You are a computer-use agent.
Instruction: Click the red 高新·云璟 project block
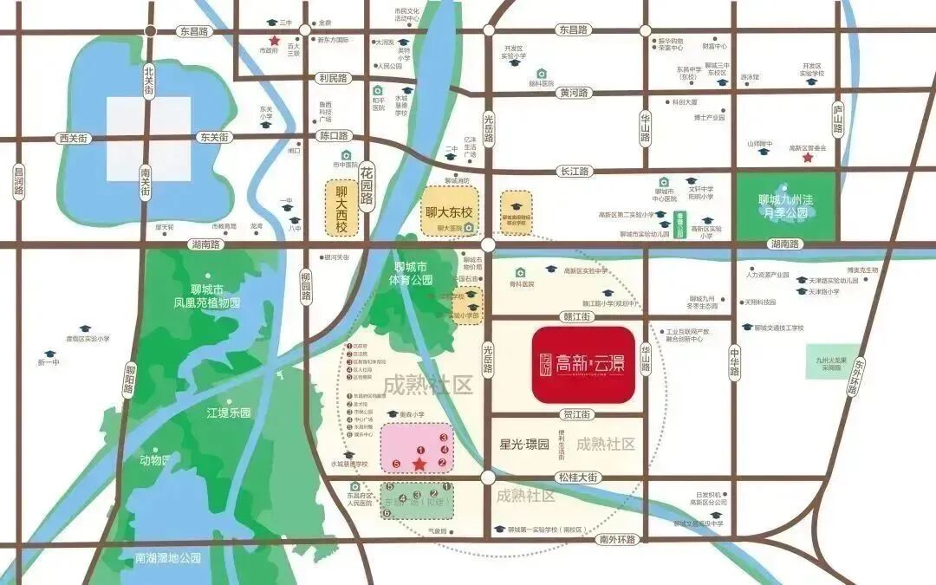583,365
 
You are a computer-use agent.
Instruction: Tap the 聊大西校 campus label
341,208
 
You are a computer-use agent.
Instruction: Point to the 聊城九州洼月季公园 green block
786,206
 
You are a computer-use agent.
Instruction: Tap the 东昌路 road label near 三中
195,31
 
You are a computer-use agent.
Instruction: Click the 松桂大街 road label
577,478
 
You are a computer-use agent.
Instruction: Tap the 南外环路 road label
616,539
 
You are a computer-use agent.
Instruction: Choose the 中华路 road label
734,363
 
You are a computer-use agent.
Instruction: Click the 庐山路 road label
838,119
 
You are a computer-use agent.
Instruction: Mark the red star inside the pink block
419,465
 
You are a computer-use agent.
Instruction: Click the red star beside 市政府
274,41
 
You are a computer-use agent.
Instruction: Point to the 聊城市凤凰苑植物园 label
205,296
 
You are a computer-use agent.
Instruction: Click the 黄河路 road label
574,93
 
